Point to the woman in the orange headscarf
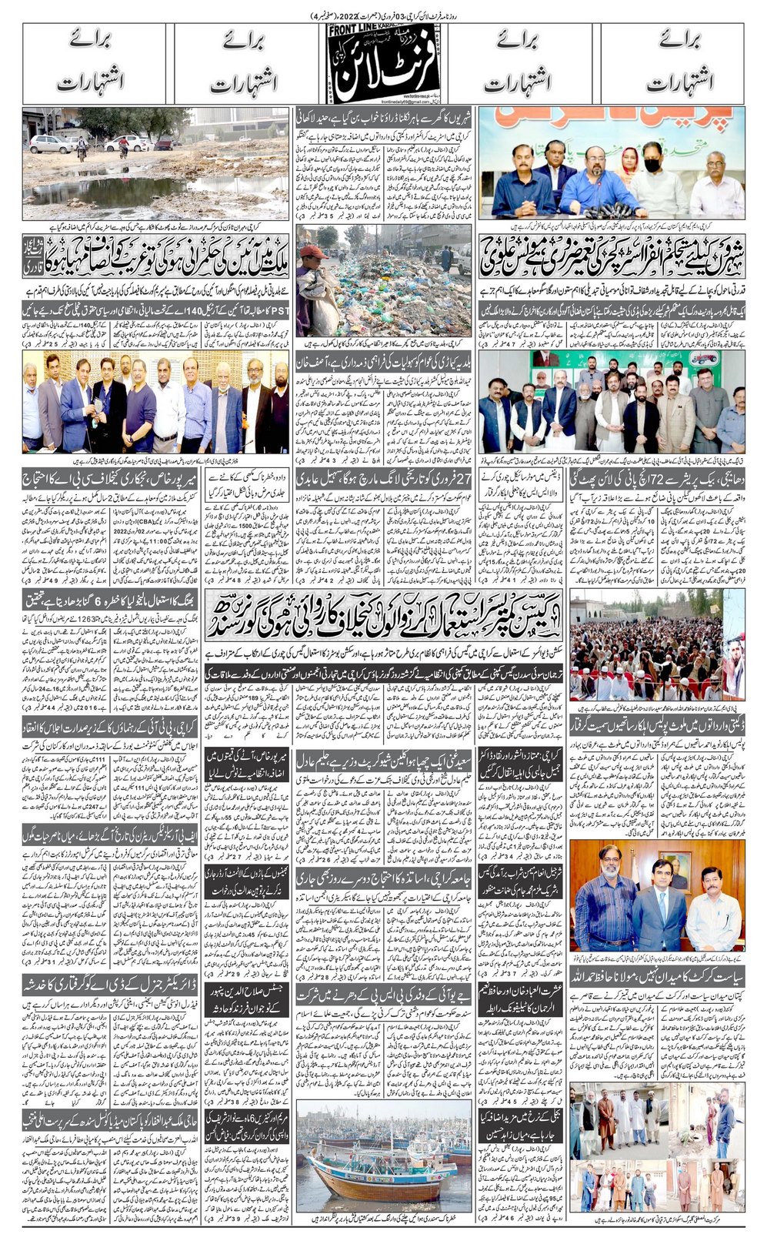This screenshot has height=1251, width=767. click(629, 165)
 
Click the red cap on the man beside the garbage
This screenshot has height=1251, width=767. click(308, 251)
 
